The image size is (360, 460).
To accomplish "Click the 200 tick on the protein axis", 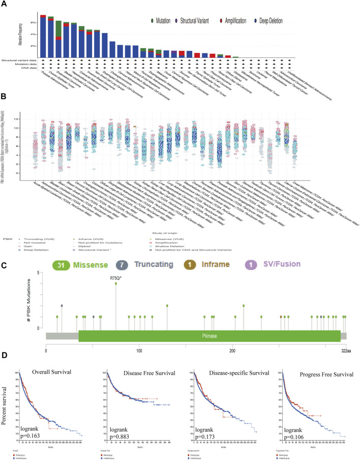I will pyautogui.click(x=232, y=351).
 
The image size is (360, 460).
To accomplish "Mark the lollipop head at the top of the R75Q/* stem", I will pyautogui.click(x=116, y=283).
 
